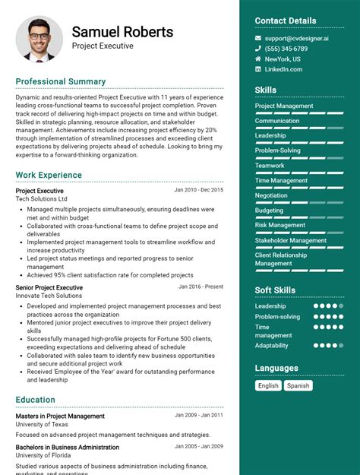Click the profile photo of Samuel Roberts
click(x=39, y=39)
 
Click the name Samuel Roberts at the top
click(x=122, y=32)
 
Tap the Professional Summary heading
click(x=61, y=81)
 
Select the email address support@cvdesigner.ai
click(x=297, y=38)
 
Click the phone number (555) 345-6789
click(x=286, y=49)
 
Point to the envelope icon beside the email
click(x=258, y=38)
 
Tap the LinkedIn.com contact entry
click(x=283, y=69)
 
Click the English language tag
click(x=268, y=385)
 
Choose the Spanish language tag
click(x=298, y=385)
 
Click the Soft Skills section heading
click(x=275, y=290)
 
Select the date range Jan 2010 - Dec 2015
click(x=198, y=190)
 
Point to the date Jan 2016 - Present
click(x=201, y=287)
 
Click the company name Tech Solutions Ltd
click(x=41, y=198)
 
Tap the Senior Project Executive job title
click(x=49, y=288)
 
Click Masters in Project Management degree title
click(x=60, y=416)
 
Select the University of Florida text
click(x=43, y=455)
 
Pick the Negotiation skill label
click(x=271, y=195)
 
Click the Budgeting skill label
click(x=269, y=211)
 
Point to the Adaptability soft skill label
click(x=271, y=345)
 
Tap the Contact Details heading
click(x=285, y=21)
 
